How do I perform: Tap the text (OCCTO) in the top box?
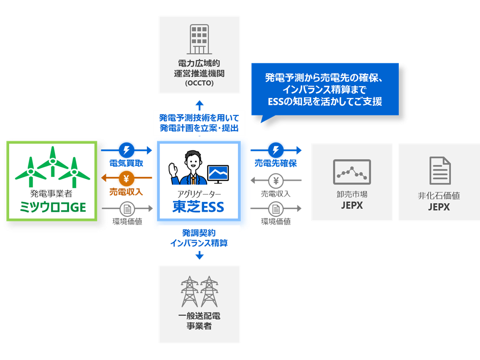(199, 84)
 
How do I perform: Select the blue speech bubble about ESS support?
(325, 90)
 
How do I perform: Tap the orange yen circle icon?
(126, 179)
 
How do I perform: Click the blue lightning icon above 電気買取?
(126, 149)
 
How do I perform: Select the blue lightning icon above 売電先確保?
(276, 149)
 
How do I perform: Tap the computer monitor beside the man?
(218, 174)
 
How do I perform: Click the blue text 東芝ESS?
(198, 207)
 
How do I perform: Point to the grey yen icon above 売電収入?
(276, 181)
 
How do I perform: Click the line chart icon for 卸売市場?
(352, 172)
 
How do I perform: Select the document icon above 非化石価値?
(439, 171)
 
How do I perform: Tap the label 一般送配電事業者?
(199, 322)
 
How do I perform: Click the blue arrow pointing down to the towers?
(199, 256)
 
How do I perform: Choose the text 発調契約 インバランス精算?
(199, 238)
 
